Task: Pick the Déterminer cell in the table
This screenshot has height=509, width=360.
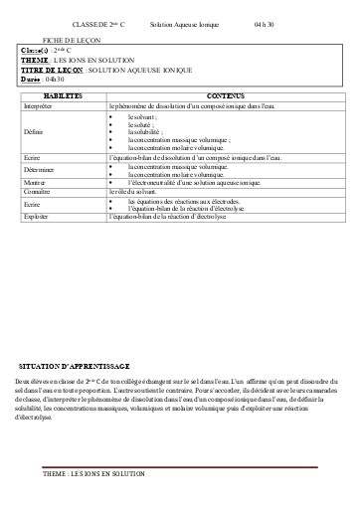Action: [x=39, y=171]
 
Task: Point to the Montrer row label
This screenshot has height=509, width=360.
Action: [x=35, y=183]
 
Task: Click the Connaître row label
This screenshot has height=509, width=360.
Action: [x=38, y=191]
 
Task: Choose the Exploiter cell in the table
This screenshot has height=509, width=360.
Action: [x=37, y=215]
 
